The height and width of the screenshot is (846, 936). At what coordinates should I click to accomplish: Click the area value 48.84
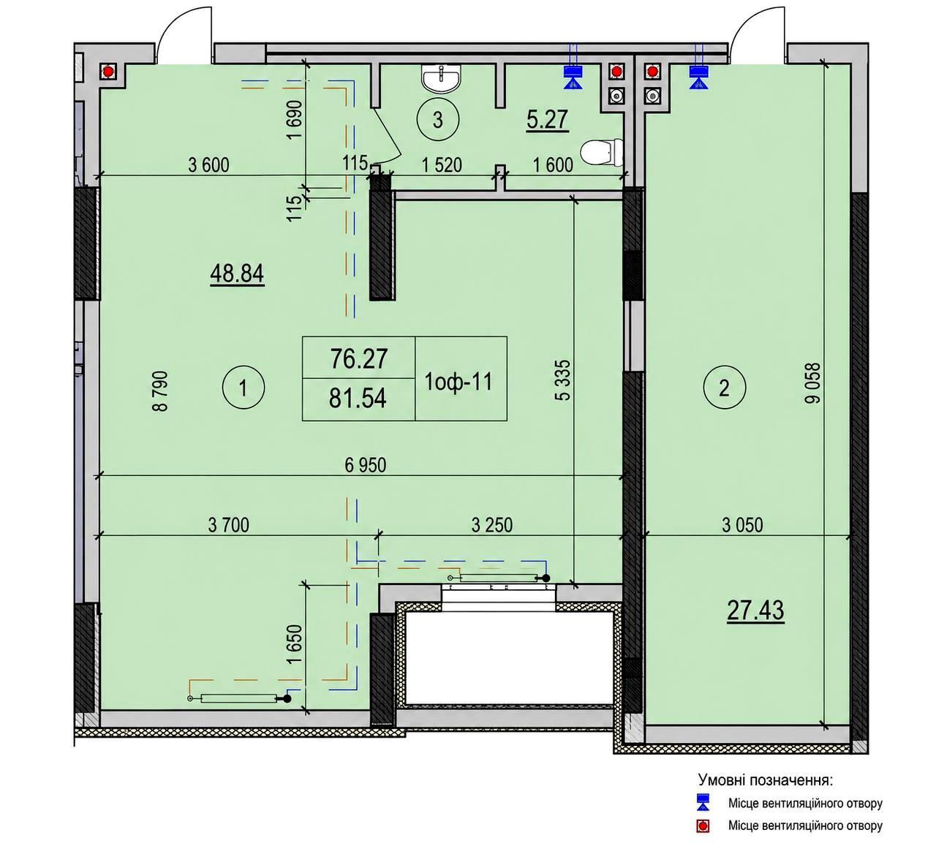pos(237,274)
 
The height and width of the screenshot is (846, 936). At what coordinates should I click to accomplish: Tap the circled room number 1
pos(244,388)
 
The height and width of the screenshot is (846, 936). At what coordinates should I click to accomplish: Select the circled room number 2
pos(724,388)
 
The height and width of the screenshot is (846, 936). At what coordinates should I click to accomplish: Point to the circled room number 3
pos(438,120)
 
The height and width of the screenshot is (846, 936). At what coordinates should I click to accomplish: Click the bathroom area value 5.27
pos(547,120)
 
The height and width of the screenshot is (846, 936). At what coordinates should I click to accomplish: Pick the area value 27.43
pos(755,611)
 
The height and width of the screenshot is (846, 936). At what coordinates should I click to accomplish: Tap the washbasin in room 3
pos(442,79)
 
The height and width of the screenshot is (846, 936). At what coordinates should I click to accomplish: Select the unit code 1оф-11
pos(458,382)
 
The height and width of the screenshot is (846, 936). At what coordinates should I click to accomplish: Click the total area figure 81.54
pos(358,399)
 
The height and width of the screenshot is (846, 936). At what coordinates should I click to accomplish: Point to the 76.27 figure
pos(359,359)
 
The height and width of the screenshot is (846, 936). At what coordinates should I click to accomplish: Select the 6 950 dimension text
pos(366,465)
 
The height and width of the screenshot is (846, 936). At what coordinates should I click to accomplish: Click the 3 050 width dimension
pos(743,526)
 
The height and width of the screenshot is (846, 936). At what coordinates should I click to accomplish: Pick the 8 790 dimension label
pos(160,391)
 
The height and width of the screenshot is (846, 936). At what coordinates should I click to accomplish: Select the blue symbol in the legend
pos(703,801)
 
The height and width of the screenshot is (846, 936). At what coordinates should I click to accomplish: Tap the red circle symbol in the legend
pos(703,827)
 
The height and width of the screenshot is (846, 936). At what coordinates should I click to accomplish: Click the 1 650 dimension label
pos(295,644)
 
